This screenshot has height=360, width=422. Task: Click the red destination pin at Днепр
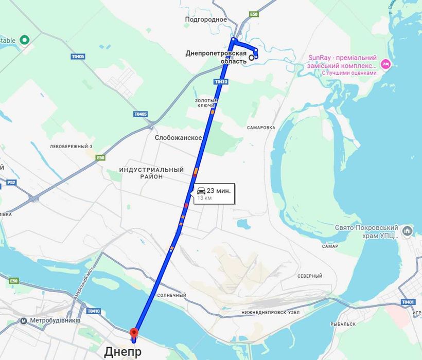[134, 332]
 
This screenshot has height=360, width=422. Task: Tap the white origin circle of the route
[251, 58]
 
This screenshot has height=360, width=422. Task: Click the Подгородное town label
[206, 20]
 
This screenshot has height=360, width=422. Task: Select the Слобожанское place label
[178, 138]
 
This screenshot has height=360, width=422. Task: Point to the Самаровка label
[261, 127]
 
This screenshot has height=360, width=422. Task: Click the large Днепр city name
[122, 352]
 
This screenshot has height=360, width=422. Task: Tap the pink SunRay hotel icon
[386, 64]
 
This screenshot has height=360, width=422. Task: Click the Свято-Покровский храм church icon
[407, 231]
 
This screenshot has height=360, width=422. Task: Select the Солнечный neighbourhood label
[171, 295]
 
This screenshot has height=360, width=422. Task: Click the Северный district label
[309, 276]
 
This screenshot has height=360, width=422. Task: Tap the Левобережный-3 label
[71, 147]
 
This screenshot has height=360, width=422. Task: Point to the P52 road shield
[11, 182]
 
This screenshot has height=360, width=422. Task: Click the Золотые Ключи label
[206, 102]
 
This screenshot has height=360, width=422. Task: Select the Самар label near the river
[330, 246]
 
